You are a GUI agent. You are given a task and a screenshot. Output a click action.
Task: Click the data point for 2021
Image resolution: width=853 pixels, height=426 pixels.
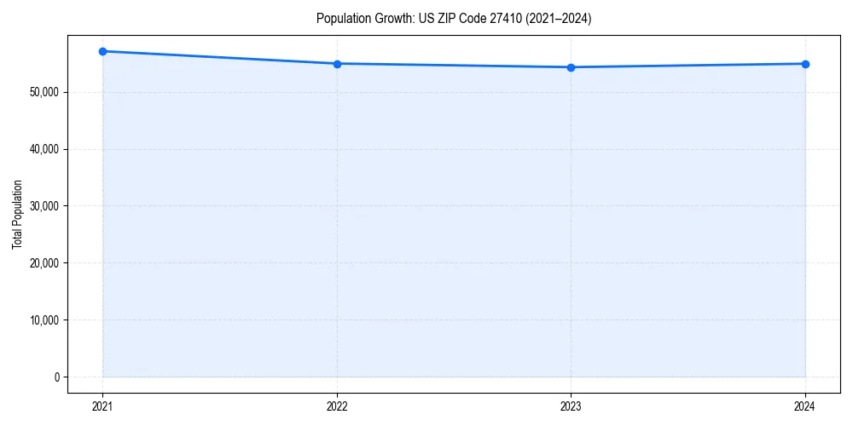[x=102, y=51]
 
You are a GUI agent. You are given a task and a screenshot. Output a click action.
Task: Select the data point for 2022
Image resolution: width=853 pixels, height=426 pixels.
[x=337, y=64]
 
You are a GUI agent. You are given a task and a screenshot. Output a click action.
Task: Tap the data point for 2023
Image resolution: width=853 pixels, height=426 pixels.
[x=571, y=67]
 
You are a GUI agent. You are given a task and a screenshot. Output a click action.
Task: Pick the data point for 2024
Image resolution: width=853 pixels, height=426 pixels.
[x=805, y=64]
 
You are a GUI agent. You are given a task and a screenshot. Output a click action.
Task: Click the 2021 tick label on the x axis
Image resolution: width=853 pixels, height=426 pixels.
[x=102, y=406]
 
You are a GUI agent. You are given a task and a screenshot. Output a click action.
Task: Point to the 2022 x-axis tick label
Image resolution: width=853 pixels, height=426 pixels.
[x=337, y=406]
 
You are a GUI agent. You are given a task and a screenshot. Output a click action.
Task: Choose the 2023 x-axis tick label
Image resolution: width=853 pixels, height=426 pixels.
[x=571, y=406]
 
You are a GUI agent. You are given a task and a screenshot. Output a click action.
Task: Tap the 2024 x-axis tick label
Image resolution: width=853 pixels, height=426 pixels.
[x=805, y=406]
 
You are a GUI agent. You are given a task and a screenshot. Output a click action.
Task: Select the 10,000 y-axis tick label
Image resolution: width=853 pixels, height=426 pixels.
[x=43, y=319]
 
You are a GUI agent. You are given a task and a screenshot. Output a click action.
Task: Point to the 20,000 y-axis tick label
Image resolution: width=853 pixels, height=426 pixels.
[x=43, y=262]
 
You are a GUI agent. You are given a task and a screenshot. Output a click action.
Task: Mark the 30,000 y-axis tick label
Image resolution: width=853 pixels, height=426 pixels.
[x=43, y=206]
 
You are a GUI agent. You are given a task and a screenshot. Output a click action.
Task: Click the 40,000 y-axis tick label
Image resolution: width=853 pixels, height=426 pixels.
[x=43, y=149]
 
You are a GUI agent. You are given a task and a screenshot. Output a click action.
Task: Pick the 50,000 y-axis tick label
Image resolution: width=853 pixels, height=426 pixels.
[x=43, y=92]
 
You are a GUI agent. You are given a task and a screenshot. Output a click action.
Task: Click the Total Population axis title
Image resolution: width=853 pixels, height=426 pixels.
[x=17, y=214]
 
